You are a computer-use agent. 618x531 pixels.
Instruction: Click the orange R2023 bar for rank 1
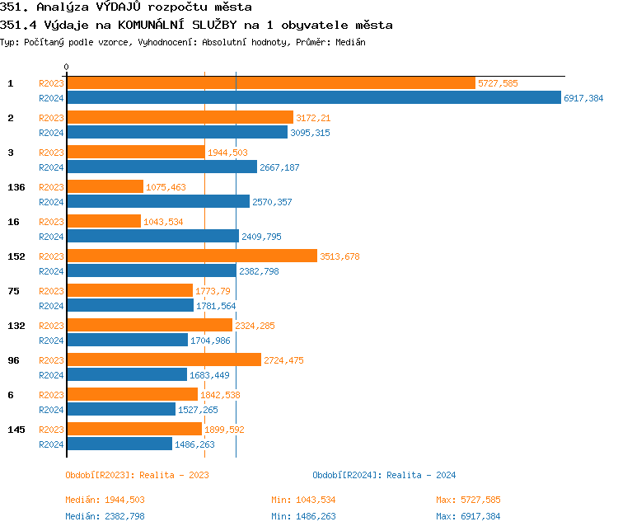pos(271,83)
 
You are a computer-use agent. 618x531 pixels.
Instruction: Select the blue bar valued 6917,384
pos(313,97)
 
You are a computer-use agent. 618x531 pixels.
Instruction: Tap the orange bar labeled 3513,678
pos(191,256)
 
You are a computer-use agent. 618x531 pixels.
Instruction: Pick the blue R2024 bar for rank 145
pos(119,444)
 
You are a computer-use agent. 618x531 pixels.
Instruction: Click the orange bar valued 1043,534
pos(104,222)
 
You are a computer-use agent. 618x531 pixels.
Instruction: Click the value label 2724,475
pos(284,360)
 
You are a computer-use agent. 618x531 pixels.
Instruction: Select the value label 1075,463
pos(166,187)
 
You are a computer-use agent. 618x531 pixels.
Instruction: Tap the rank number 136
pos(16,187)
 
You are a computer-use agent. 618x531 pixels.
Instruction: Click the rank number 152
pos(16,256)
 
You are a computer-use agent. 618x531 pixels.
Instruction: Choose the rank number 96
pos(14,360)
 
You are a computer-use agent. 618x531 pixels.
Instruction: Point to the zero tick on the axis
pos(67,67)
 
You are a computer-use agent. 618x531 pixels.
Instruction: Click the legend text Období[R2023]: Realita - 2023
pos(137,475)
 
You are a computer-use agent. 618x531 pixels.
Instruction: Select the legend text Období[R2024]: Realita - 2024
pos(384,475)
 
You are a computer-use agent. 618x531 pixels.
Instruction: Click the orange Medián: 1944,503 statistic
pos(105,500)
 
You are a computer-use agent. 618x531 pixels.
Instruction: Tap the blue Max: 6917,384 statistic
pos(468,516)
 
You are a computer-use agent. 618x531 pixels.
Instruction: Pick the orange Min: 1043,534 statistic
pos(303,500)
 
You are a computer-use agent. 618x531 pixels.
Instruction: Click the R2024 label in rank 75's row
pos(52,306)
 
